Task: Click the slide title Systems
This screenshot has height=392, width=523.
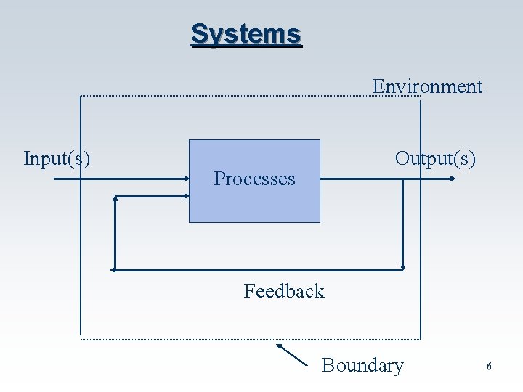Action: (246, 34)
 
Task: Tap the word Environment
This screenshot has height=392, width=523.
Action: (427, 86)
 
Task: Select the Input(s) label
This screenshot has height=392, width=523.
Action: (57, 158)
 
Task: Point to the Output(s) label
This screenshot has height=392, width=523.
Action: (435, 158)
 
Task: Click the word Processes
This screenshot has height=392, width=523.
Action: (254, 179)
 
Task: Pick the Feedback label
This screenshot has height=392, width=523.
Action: (284, 291)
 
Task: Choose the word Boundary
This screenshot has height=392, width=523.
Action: (362, 365)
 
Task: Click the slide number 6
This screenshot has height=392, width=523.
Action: (489, 367)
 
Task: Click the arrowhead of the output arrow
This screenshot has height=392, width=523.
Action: (453, 178)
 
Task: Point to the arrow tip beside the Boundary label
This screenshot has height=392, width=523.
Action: (277, 346)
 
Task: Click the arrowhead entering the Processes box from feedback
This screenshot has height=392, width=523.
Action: (185, 196)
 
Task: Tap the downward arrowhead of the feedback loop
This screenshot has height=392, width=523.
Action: (402, 267)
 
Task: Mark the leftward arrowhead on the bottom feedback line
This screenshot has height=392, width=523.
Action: (114, 270)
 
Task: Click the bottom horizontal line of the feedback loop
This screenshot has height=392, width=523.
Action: (254, 270)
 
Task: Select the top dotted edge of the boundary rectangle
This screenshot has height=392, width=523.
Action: (247, 97)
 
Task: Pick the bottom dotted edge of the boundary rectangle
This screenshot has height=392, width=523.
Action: (247, 339)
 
